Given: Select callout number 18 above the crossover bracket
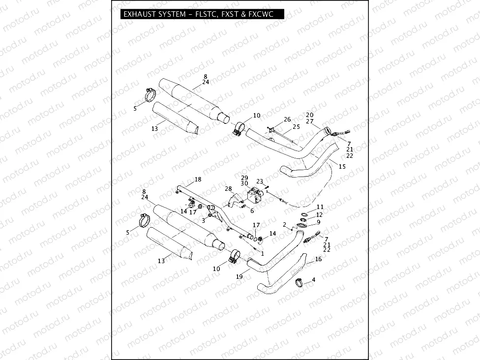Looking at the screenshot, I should pyautogui.click(x=198, y=179).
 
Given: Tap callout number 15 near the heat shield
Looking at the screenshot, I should pyautogui.click(x=342, y=167).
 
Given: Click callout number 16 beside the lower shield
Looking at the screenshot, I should pyautogui.click(x=318, y=259).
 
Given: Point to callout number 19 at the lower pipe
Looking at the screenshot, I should pyautogui.click(x=240, y=277).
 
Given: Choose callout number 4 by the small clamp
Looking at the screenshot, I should pyautogui.click(x=313, y=279).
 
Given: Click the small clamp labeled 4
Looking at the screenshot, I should pyautogui.click(x=299, y=282).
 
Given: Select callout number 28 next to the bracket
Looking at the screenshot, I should pyautogui.click(x=228, y=189).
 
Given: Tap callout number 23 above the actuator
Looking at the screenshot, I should pyautogui.click(x=260, y=181).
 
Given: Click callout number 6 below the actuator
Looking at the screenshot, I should pyautogui.click(x=252, y=210).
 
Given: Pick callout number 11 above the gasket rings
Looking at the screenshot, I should pyautogui.click(x=320, y=207).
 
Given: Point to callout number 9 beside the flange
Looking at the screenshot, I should pyautogui.click(x=319, y=222).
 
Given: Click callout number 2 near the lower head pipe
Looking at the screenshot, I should pyautogui.click(x=285, y=224).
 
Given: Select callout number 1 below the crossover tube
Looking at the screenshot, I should pyautogui.click(x=262, y=254).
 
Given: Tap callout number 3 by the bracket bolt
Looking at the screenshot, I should pyautogui.click(x=203, y=221).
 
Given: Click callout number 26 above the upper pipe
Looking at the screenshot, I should pyautogui.click(x=287, y=120).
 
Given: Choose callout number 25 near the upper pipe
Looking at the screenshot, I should pyautogui.click(x=296, y=126).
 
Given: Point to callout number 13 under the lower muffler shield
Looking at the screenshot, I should pyautogui.click(x=161, y=261).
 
